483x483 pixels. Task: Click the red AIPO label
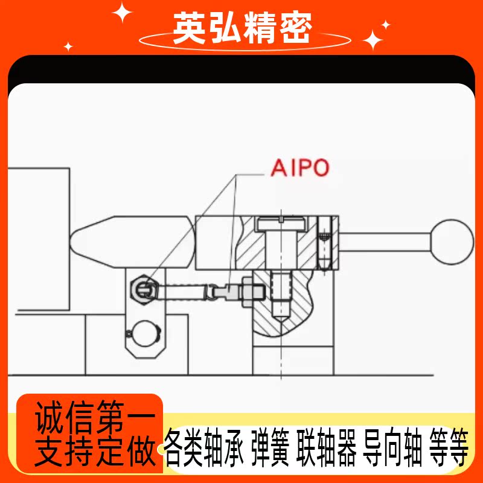[x=300, y=167]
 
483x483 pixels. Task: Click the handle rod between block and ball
[x=386, y=241]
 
